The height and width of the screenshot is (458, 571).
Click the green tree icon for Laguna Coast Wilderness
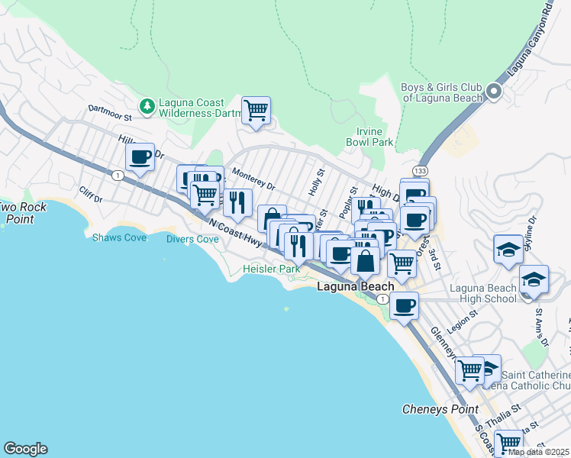tap(147, 105)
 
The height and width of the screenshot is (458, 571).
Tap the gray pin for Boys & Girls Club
tap(493, 92)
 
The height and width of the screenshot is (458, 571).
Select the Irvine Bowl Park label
tap(369, 137)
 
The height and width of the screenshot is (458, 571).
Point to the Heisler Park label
tap(271, 269)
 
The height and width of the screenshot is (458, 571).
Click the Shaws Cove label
tap(113, 237)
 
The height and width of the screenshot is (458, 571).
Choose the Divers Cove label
tap(192, 239)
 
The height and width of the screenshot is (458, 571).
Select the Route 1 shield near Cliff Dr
tap(117, 176)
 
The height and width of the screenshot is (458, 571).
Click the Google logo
tap(25, 449)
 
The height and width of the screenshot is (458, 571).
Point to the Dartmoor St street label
tap(110, 112)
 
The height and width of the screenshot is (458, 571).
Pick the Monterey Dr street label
tap(253, 180)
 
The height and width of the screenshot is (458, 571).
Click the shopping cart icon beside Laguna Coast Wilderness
tap(256, 110)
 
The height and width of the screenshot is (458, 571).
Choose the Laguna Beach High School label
tap(482, 293)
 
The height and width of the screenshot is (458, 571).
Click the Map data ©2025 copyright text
tap(539, 452)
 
